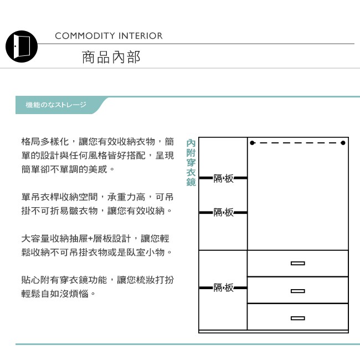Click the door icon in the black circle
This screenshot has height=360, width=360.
21,46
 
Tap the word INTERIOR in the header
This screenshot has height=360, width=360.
141,36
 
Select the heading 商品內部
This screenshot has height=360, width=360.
111,57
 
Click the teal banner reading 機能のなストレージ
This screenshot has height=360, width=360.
56,105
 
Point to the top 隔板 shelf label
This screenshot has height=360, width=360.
223,178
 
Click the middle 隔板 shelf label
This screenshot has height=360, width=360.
223,212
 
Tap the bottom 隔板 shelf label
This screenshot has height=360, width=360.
223,287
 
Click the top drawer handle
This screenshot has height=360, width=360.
297,264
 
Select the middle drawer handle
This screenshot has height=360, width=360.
297,291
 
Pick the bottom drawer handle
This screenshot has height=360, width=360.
297,318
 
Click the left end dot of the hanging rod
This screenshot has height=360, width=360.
252,143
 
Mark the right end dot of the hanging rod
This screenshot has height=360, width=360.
344,143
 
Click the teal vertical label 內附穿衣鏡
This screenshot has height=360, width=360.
191,162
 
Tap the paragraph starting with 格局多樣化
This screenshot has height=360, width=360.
97,155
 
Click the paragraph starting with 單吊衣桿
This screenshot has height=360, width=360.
97,204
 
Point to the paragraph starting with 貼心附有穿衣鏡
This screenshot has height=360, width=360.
97,286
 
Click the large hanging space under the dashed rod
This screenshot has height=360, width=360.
297,199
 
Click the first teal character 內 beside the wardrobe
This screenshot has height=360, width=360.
191,143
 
